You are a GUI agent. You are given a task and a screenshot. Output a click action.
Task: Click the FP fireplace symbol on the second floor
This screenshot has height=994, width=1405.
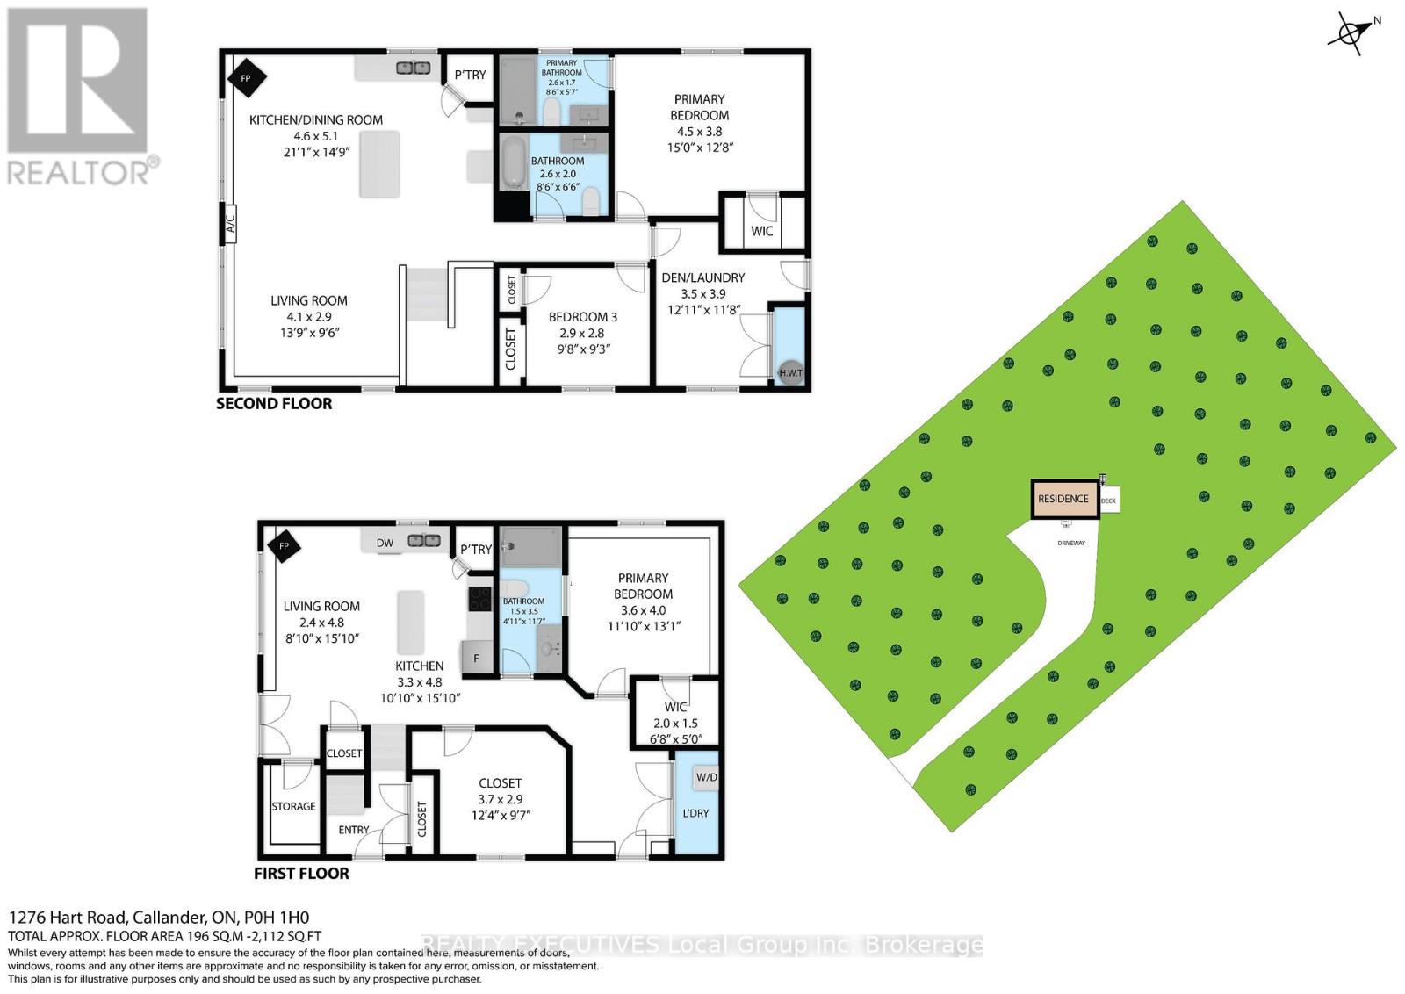click(247, 79)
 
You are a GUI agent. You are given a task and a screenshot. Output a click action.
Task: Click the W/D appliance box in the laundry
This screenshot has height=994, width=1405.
click(706, 778)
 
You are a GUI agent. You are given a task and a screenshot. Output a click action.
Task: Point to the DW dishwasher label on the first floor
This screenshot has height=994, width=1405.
click(385, 544)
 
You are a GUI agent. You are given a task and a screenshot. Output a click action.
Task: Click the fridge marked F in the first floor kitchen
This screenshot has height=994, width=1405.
click(477, 657)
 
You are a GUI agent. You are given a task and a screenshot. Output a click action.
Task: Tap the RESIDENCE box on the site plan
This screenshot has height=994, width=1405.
click(1063, 499)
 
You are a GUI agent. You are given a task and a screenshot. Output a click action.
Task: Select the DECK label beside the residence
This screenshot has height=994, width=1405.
click(1108, 501)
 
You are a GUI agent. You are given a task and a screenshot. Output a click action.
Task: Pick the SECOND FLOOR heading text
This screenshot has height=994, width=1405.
click(274, 404)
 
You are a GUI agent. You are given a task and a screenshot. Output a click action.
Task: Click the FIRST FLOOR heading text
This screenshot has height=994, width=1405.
click(301, 874)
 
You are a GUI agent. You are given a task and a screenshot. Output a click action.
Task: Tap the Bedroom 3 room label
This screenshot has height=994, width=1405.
click(582, 317)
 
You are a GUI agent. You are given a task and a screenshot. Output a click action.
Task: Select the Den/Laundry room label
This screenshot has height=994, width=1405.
click(702, 277)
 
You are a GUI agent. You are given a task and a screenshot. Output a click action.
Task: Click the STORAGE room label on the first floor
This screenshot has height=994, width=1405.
click(293, 806)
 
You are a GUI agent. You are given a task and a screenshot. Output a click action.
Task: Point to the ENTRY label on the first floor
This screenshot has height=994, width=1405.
click(354, 830)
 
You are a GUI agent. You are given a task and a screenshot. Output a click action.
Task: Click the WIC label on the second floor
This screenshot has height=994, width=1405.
click(762, 231)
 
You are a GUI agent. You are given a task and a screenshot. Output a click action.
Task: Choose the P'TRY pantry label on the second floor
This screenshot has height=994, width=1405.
click(471, 75)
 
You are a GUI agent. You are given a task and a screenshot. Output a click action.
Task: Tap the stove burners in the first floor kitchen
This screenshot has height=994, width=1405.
click(480, 599)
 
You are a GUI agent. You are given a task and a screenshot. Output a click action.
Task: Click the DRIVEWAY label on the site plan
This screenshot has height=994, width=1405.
click(1071, 543)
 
